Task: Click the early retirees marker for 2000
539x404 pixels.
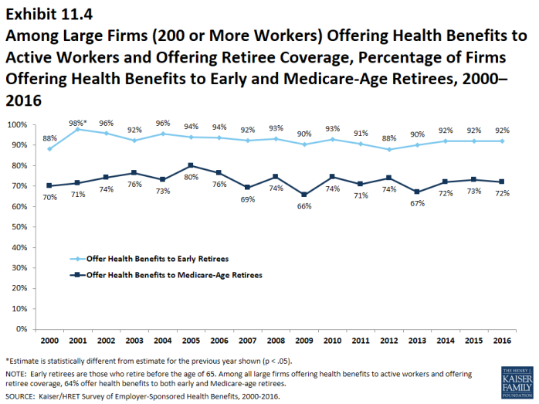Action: (49, 148)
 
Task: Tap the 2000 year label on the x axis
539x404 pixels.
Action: (49, 340)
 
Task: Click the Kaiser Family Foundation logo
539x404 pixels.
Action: (517, 382)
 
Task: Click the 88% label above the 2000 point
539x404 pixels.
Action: (49, 139)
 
